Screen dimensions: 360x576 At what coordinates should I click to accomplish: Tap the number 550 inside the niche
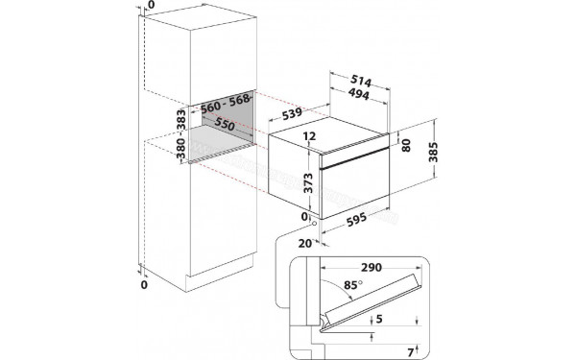pyautogui.click(x=225, y=125)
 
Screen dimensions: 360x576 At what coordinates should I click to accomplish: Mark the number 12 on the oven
pyautogui.click(x=309, y=137)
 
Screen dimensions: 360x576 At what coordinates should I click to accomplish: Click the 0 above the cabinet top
pyautogui.click(x=144, y=6)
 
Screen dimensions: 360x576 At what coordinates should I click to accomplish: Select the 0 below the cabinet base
pyautogui.click(x=144, y=285)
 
